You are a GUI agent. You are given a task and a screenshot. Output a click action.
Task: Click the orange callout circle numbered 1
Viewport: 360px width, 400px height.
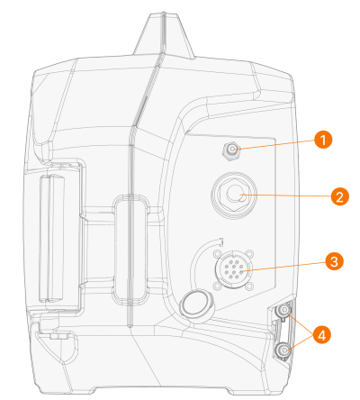coord(323,140)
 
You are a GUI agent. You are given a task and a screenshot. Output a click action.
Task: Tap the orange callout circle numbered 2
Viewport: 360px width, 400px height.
coord(339,197)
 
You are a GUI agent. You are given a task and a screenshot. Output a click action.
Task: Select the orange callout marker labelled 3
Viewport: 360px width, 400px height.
coord(334,261)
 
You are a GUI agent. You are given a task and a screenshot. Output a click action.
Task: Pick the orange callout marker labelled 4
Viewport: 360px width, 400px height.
coord(322,334)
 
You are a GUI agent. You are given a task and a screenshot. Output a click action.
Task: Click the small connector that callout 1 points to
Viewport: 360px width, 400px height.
coord(230,150)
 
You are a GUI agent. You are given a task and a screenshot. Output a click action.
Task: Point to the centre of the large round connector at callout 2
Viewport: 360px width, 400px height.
coord(234,195)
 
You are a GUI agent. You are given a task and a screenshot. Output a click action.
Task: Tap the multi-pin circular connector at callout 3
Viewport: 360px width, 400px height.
coord(234,270)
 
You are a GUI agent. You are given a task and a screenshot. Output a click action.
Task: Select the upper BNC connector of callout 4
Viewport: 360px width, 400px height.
coord(283,311)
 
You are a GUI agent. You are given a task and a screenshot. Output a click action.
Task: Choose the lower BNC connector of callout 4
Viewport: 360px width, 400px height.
coord(283,350)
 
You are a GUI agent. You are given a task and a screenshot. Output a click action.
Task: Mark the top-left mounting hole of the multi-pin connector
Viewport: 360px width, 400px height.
coord(217,254)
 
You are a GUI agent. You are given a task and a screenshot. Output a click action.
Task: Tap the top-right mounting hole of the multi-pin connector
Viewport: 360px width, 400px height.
coord(250,254)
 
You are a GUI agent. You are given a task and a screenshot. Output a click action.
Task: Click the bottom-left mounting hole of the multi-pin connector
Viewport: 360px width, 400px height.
coord(217,286)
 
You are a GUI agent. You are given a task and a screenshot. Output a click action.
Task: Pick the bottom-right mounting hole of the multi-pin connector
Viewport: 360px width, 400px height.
coord(250,286)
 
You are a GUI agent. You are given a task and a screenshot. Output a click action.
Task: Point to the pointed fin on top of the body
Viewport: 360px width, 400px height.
coord(164,34)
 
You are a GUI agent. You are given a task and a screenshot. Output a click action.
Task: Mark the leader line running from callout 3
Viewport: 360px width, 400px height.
coord(283,267)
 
